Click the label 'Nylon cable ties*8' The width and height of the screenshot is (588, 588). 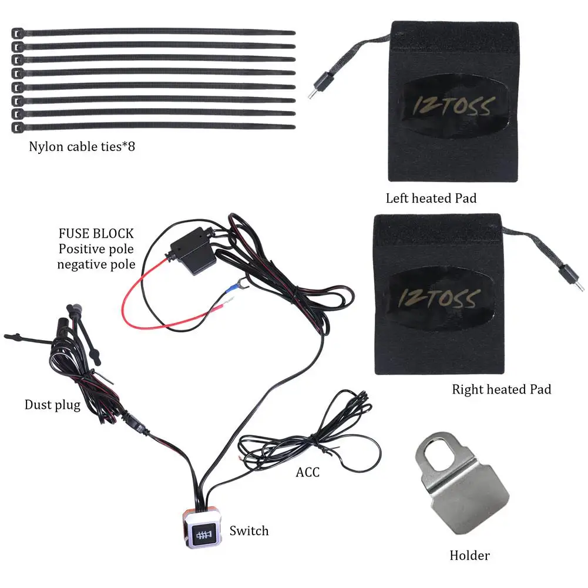82,146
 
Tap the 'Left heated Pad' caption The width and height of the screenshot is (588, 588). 431,198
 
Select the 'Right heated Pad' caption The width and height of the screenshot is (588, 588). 502,389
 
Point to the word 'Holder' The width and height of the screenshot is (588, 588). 469,555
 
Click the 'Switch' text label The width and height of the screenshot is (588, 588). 249,530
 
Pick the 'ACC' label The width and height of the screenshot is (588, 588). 307,472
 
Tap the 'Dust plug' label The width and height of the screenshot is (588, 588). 52,405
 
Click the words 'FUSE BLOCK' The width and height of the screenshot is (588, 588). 96,234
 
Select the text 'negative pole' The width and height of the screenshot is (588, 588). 96,264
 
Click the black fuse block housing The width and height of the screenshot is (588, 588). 193,250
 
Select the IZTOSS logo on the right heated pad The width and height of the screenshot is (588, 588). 438,298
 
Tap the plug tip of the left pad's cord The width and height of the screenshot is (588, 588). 311,95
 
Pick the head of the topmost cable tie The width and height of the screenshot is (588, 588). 17,33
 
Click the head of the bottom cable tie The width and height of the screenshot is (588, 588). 17,127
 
